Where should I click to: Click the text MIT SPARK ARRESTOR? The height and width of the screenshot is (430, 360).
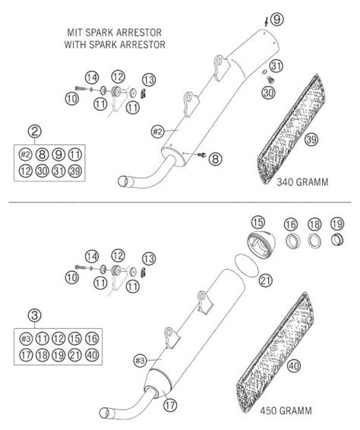click(x=115, y=33)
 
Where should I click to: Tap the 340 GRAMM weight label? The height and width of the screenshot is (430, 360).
click(x=302, y=182)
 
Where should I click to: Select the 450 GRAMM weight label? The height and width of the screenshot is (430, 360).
click(x=286, y=411)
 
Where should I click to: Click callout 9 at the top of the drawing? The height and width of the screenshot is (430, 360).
click(x=277, y=20)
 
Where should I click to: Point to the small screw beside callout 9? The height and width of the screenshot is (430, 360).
click(x=266, y=21)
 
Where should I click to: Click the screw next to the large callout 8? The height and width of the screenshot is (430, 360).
click(x=202, y=155)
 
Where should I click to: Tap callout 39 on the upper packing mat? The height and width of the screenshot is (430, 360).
click(x=311, y=140)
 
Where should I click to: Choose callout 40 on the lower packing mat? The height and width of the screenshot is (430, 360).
click(x=294, y=366)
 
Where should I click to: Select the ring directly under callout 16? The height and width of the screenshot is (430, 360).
click(x=292, y=241)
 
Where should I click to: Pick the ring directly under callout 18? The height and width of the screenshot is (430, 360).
click(x=314, y=241)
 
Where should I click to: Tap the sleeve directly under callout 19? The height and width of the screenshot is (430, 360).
click(x=337, y=240)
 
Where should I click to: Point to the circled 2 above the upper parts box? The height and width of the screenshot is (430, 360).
click(x=35, y=131)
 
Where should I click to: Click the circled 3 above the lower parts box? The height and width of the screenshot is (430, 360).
click(x=35, y=315)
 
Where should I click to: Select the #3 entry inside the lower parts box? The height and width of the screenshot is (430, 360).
click(x=26, y=339)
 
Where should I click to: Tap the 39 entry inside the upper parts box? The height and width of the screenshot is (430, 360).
click(x=75, y=171)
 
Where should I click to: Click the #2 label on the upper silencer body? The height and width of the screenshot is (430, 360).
click(x=157, y=132)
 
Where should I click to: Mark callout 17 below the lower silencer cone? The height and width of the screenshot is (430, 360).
click(x=170, y=405)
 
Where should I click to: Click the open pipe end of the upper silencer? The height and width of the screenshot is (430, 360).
click(x=122, y=182)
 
